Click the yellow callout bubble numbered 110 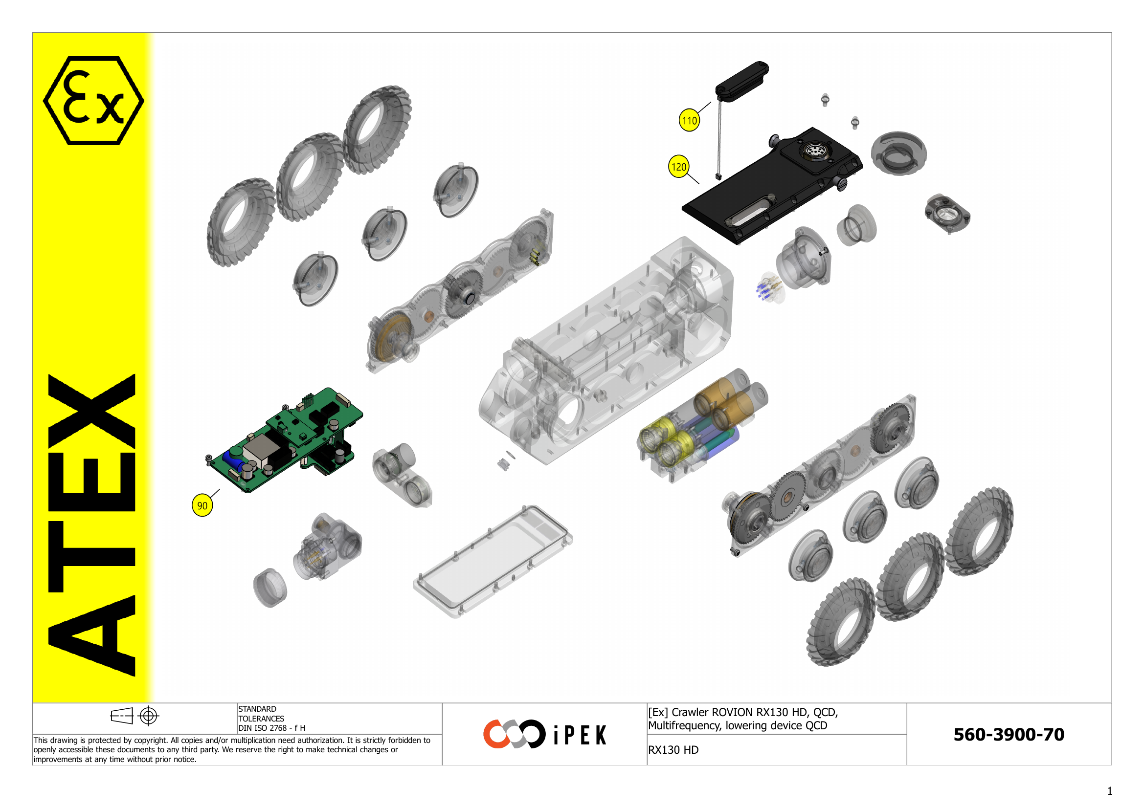(x=689, y=120)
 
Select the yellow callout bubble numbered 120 (x=679, y=167)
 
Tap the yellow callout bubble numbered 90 (x=202, y=505)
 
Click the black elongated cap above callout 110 (x=742, y=81)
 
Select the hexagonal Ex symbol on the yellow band (x=93, y=101)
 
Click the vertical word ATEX (x=92, y=525)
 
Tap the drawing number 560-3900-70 (x=1009, y=734)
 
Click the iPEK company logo (x=544, y=734)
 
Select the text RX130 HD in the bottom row (x=673, y=750)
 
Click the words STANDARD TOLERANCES (x=260, y=713)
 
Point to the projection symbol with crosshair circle (x=135, y=716)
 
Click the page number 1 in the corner (x=1110, y=791)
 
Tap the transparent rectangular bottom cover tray (x=493, y=563)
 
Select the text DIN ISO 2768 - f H (x=271, y=728)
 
